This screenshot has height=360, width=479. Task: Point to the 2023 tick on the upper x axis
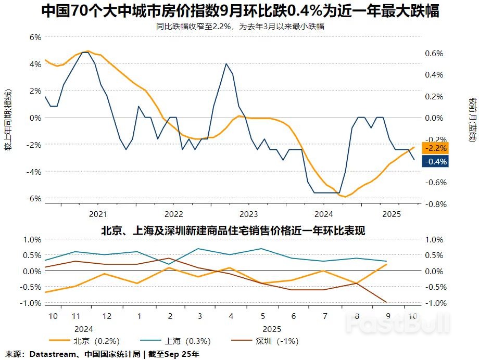point(248,214)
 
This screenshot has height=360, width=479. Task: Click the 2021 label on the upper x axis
point(98,214)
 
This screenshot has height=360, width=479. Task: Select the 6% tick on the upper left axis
point(34,37)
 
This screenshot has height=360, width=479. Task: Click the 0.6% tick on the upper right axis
point(434,54)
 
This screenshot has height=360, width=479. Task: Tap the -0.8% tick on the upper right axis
point(435,204)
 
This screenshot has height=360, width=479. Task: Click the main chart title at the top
point(240,11)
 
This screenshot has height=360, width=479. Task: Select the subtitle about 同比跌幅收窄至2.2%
point(240,26)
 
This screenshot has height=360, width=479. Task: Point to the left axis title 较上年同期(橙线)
point(8,120)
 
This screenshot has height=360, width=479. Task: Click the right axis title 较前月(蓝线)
point(472,120)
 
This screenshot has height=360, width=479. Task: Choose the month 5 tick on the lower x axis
point(262,316)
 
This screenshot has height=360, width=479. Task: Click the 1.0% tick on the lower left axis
point(32,240)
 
